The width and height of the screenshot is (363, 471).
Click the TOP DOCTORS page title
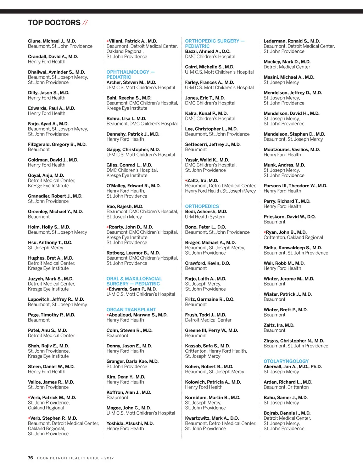(54, 23)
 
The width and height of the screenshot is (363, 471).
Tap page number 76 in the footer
(30, 458)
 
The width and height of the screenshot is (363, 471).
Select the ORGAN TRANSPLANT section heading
(131, 310)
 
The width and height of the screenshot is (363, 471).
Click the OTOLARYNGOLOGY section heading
(286, 361)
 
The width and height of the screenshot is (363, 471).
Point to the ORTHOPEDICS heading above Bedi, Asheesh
(202, 206)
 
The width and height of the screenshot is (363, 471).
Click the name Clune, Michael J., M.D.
(52, 41)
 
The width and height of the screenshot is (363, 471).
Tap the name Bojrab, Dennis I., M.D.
(287, 413)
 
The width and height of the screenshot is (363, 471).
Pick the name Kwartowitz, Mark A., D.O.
(212, 418)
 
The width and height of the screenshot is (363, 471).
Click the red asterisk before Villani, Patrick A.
(108, 41)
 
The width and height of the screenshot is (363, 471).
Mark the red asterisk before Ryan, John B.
(265, 233)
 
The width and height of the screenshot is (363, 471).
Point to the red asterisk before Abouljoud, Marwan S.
(108, 315)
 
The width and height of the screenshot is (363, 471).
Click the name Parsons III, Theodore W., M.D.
(295, 186)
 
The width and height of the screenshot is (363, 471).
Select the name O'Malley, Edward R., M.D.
(134, 186)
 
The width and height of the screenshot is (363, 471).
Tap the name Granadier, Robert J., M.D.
(55, 196)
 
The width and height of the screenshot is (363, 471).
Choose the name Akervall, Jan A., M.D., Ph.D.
(293, 367)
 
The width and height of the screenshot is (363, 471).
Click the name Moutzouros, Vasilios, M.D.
(292, 149)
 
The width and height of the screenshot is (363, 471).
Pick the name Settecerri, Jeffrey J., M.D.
(213, 144)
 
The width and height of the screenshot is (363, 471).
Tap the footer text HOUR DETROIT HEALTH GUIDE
(68, 458)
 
